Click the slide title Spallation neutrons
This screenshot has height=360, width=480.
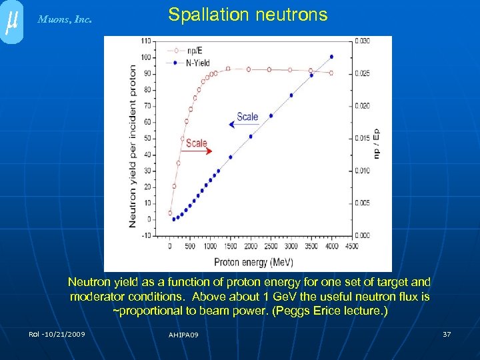[x=248, y=15]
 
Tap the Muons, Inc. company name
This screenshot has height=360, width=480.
[x=65, y=19]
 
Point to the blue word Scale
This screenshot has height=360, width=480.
[x=247, y=117]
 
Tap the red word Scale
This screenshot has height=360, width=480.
[x=197, y=143]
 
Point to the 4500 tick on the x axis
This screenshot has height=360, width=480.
[x=351, y=246]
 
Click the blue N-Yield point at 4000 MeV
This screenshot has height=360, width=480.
[x=331, y=57]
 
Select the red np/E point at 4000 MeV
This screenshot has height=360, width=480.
[x=331, y=73]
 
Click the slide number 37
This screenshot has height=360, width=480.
[x=447, y=333]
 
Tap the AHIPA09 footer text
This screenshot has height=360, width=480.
[x=183, y=335]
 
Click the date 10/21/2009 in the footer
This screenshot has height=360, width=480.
[x=64, y=333]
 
